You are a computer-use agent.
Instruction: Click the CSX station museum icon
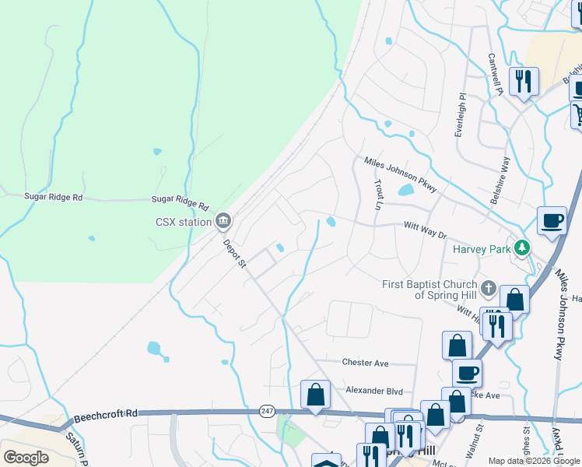tap(223, 222)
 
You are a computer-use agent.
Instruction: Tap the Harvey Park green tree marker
tap(524, 248)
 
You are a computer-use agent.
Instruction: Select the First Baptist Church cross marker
tap(488, 289)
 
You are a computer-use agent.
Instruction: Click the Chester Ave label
tap(365, 363)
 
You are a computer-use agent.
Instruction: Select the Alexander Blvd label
tap(375, 390)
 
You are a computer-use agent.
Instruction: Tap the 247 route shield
tap(268, 410)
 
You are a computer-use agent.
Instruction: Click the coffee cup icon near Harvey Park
tap(552, 220)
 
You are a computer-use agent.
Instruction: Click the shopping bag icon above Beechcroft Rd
tap(315, 395)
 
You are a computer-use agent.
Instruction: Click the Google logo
tap(26, 458)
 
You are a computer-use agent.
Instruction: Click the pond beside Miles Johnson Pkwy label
tap(405, 190)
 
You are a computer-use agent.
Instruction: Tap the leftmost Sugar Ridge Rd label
tap(53, 198)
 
